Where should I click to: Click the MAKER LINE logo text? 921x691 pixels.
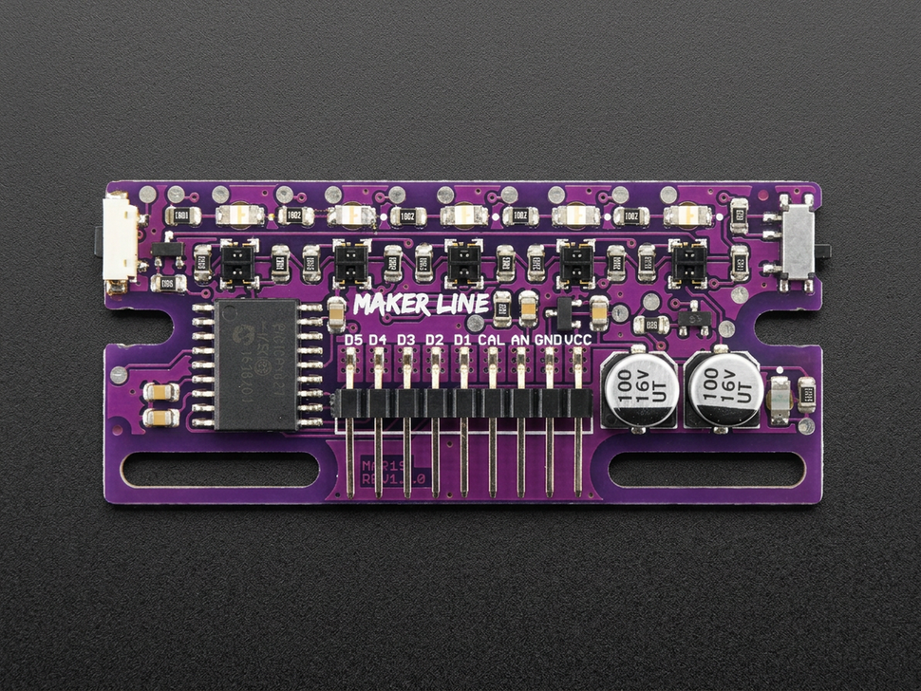421,305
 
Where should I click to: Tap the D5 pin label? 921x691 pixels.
353,340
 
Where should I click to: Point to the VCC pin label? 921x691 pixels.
578,340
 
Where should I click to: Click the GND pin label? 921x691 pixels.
548,340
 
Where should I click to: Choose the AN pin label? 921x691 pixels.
520,340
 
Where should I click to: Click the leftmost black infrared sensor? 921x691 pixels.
238,262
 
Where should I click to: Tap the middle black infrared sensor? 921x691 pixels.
464,262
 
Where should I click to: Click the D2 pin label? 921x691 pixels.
435,340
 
